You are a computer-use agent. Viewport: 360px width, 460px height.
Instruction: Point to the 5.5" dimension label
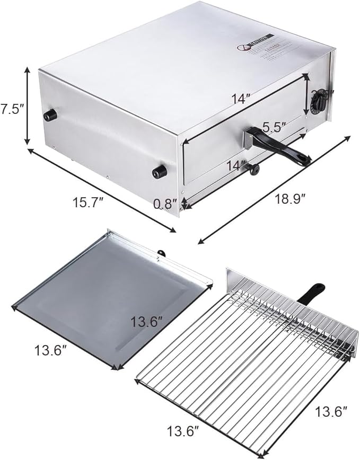275,127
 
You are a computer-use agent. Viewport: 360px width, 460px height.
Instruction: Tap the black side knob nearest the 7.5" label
50,115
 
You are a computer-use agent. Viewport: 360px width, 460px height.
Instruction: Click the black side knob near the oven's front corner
159,171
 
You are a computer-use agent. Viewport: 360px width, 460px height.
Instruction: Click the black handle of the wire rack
311,294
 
